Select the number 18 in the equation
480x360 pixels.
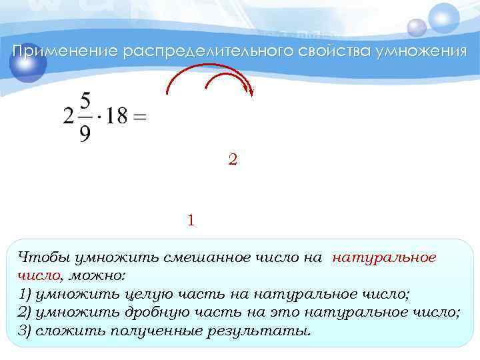coord(115,117)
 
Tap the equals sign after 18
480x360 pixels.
coord(140,117)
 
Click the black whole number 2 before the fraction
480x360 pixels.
coord(68,117)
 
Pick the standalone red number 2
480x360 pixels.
coord(232,160)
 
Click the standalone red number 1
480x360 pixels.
coord(191,219)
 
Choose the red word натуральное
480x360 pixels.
coord(384,258)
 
